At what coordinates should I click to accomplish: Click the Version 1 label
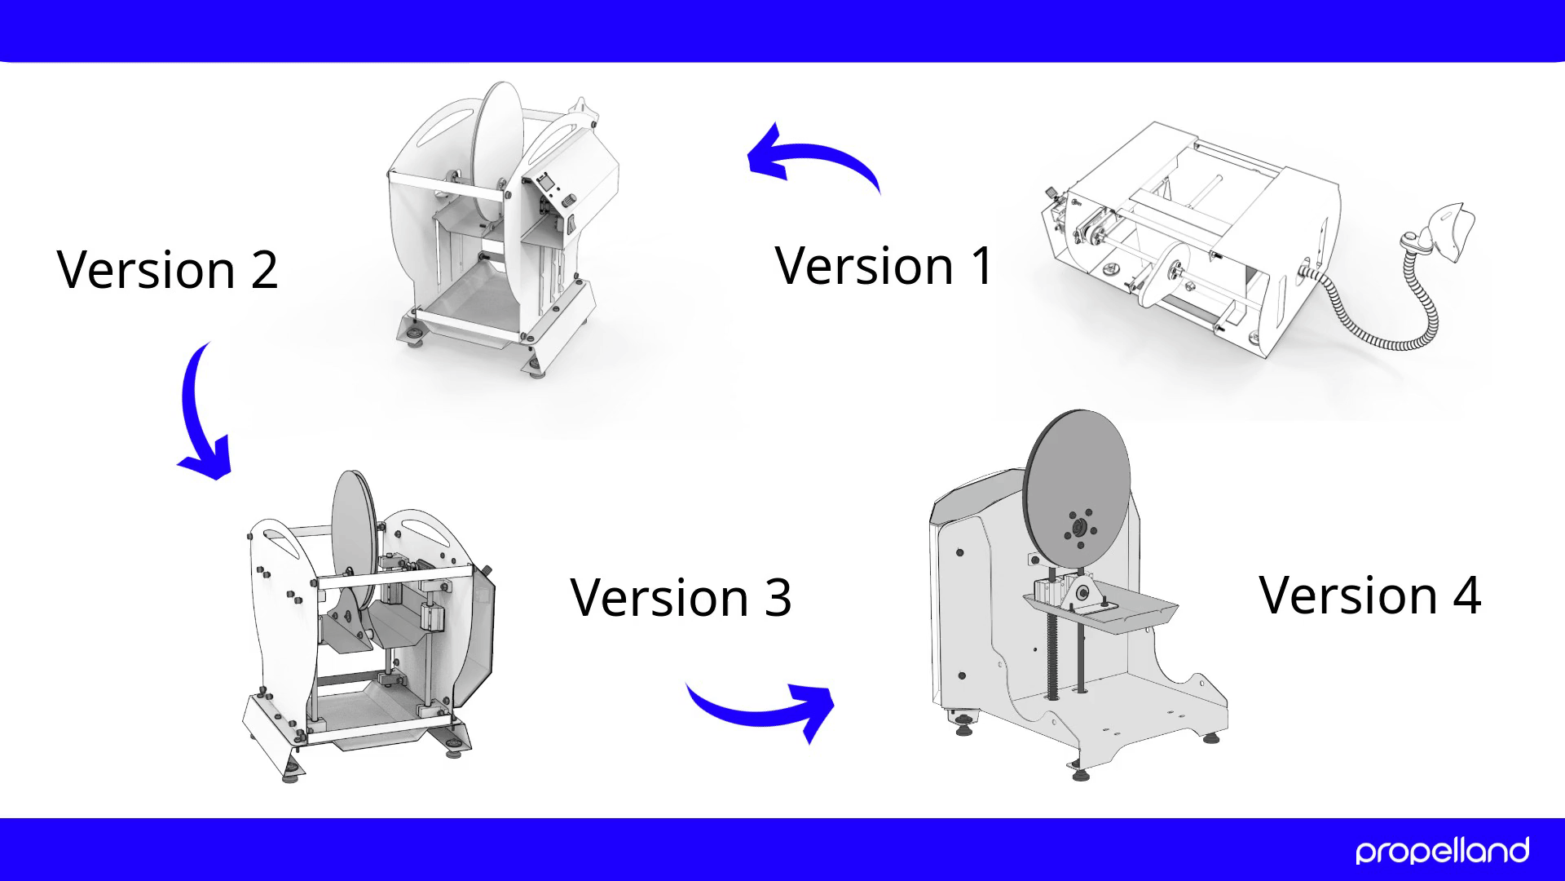click(884, 265)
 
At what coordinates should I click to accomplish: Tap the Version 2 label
click(168, 269)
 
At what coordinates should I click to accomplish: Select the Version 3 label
click(681, 597)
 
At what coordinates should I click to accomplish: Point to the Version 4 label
click(1369, 594)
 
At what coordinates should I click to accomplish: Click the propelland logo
click(1442, 851)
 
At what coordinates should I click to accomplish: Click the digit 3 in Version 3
click(778, 598)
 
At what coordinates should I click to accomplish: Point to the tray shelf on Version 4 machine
click(1100, 611)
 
